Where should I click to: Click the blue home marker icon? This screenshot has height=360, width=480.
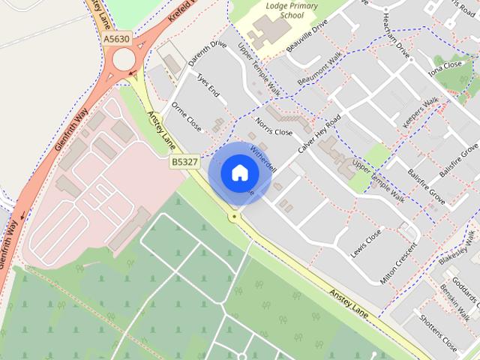[239, 172]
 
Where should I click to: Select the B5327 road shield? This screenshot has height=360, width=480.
[184, 160]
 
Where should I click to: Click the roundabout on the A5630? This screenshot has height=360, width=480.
[123, 59]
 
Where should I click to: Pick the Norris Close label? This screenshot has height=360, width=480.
[272, 127]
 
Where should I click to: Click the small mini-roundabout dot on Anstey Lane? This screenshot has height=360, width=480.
[235, 217]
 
